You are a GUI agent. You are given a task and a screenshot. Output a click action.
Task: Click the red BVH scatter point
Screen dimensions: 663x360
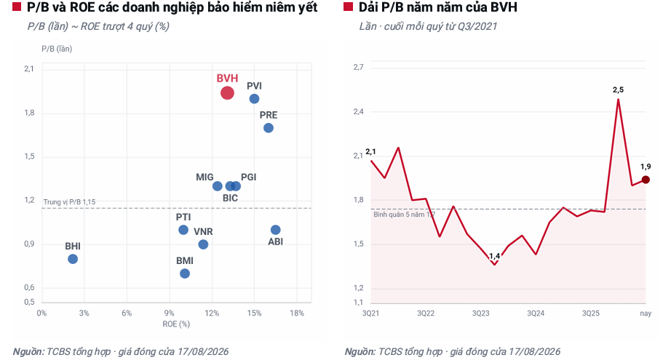pyautogui.click(x=227, y=93)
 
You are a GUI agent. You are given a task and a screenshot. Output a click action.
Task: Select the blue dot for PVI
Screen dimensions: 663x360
pyautogui.click(x=254, y=99)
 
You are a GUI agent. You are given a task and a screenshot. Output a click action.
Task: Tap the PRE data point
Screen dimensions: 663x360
pyautogui.click(x=269, y=128)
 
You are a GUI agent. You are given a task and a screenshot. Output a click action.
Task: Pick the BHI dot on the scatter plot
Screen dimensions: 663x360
pyautogui.click(x=73, y=259)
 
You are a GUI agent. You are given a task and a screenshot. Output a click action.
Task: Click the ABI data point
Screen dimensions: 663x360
pyautogui.click(x=275, y=230)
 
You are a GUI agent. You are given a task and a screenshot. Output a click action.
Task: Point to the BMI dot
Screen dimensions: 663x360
pyautogui.click(x=185, y=273)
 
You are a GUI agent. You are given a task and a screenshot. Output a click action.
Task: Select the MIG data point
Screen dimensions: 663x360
pyautogui.click(x=218, y=186)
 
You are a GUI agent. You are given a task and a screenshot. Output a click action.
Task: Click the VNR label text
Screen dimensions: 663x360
pyautogui.click(x=203, y=231)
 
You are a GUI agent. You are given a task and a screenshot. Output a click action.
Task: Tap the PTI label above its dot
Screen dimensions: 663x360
pyautogui.click(x=183, y=217)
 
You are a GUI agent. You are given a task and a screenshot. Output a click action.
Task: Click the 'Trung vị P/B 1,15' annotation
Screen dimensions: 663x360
pyautogui.click(x=69, y=202)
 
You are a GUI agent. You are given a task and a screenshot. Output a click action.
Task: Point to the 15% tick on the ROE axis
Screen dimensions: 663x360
pyautogui.click(x=254, y=313)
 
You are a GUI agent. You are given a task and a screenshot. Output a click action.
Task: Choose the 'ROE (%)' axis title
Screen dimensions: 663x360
pyautogui.click(x=176, y=324)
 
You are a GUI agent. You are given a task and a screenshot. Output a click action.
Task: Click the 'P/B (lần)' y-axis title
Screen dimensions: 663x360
pyautogui.click(x=57, y=49)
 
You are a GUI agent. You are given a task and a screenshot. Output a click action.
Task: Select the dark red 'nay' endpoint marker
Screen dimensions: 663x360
pyautogui.click(x=646, y=180)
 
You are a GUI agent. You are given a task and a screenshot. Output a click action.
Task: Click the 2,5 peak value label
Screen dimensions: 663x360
pyautogui.click(x=618, y=89)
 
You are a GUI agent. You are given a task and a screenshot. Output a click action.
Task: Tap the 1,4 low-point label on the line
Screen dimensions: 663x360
pyautogui.click(x=494, y=256)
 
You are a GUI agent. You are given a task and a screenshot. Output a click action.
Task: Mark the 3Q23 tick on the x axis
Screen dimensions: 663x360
pyautogui.click(x=481, y=313)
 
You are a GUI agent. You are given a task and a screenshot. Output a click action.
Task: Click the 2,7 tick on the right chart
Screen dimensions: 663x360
pyautogui.click(x=359, y=67)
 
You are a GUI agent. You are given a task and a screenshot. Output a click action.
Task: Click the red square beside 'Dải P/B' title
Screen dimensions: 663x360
pyautogui.click(x=348, y=7)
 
